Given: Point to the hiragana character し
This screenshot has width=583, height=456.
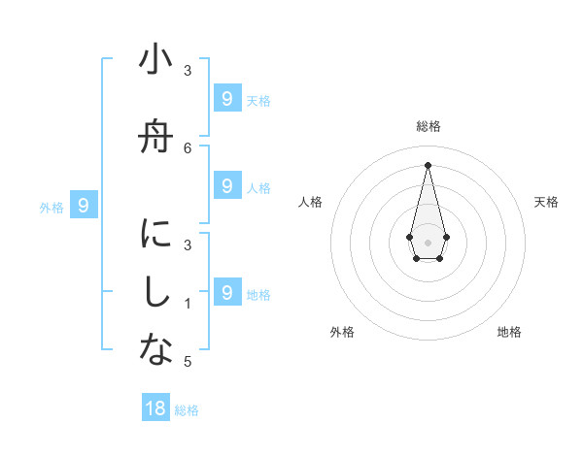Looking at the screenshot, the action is point(155,294).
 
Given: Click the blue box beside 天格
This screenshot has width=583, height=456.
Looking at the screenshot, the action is point(226,98).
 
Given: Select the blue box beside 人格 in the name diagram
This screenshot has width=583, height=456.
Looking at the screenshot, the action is point(226,185).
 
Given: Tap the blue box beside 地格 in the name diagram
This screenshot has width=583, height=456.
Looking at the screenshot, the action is point(226,291).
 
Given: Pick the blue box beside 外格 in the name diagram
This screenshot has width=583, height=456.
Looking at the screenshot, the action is point(84,205).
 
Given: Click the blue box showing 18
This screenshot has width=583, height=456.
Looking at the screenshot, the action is point(155,408).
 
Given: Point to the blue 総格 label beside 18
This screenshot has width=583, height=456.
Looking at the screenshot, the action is point(187,410).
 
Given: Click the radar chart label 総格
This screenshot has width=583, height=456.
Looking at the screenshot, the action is point(428,126).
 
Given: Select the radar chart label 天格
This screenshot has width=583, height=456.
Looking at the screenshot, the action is point(546,202).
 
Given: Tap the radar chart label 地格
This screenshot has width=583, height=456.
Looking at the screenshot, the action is point(509,332).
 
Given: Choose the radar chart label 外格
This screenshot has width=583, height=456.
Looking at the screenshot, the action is point(342,332).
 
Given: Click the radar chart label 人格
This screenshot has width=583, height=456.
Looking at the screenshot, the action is point(310,202).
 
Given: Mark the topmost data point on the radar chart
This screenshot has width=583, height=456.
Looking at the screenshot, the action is point(428,164).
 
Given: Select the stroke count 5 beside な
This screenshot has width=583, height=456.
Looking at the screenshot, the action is point(188,362).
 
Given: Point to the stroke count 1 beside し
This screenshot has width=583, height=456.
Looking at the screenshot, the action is point(188,304).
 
